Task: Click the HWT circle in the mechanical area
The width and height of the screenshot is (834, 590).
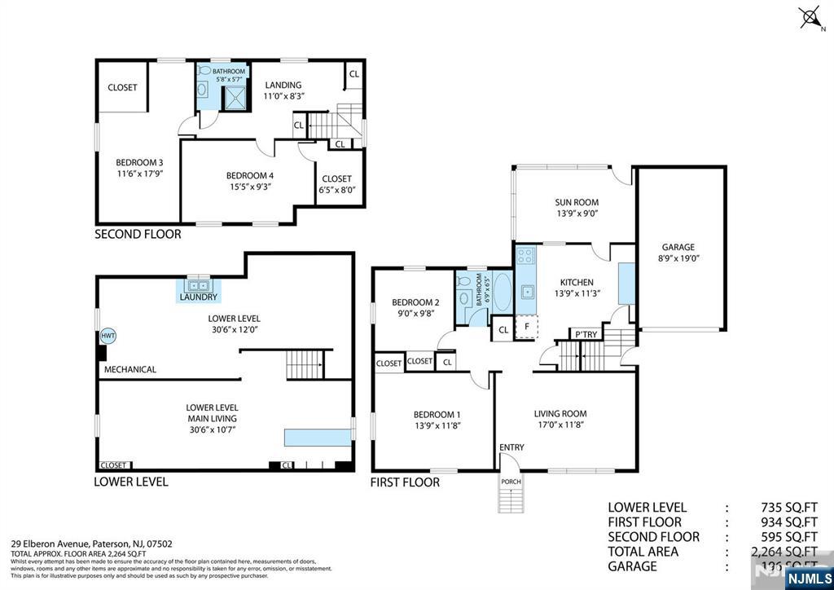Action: point(108,336)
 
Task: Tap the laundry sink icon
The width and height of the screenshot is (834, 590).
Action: point(200,285)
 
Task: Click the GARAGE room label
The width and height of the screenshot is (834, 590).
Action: point(678,247)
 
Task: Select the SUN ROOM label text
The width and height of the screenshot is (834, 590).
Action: point(577,202)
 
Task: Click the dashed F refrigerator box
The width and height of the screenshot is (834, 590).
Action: point(527,326)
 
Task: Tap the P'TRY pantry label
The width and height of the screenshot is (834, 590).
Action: point(586,334)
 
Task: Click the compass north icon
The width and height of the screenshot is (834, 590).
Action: point(810,18)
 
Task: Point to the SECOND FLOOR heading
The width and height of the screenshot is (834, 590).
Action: point(138,234)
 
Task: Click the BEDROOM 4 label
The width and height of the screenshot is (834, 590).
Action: point(248,175)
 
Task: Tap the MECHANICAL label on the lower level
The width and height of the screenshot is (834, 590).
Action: point(129,369)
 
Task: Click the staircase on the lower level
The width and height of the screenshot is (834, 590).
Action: point(305,364)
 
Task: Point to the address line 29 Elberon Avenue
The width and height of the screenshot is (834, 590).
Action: point(91,544)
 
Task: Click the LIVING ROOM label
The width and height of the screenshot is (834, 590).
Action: point(560,413)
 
